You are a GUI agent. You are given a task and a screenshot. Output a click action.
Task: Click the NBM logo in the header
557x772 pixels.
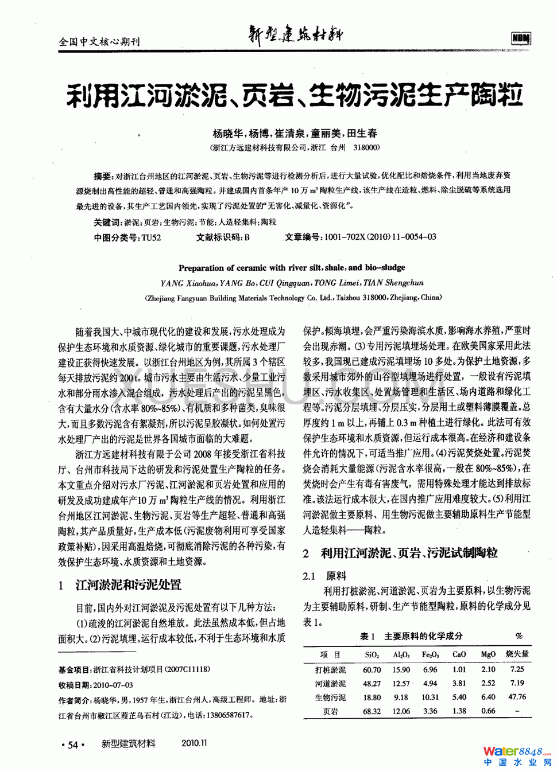click(x=520, y=38)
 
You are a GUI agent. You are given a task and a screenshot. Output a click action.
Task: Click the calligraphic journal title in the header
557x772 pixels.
click(x=295, y=35)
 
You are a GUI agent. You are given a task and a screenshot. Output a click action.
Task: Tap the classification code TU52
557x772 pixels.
click(x=151, y=237)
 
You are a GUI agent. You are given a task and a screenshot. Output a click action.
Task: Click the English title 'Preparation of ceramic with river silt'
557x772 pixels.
click(x=292, y=267)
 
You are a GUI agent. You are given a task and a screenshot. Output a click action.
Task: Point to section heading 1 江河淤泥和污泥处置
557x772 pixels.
click(x=120, y=585)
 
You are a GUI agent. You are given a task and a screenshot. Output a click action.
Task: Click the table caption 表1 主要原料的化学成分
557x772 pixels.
click(x=411, y=636)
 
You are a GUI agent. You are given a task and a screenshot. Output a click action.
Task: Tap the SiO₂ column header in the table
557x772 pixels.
click(x=372, y=654)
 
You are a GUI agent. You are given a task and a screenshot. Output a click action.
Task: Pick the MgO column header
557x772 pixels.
click(x=488, y=654)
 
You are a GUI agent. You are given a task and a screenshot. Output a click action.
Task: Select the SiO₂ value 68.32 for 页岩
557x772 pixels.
click(x=372, y=711)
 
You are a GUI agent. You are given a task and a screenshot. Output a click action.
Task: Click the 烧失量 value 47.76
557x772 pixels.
click(x=517, y=697)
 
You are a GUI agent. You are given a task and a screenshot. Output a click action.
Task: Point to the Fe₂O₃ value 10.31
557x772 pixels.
click(x=430, y=697)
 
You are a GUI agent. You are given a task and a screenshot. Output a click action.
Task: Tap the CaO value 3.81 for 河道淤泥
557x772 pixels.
click(x=459, y=683)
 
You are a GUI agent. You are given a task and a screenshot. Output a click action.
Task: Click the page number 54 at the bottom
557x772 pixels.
click(x=73, y=745)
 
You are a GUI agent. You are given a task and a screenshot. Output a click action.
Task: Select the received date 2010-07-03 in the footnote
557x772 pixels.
click(x=113, y=685)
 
